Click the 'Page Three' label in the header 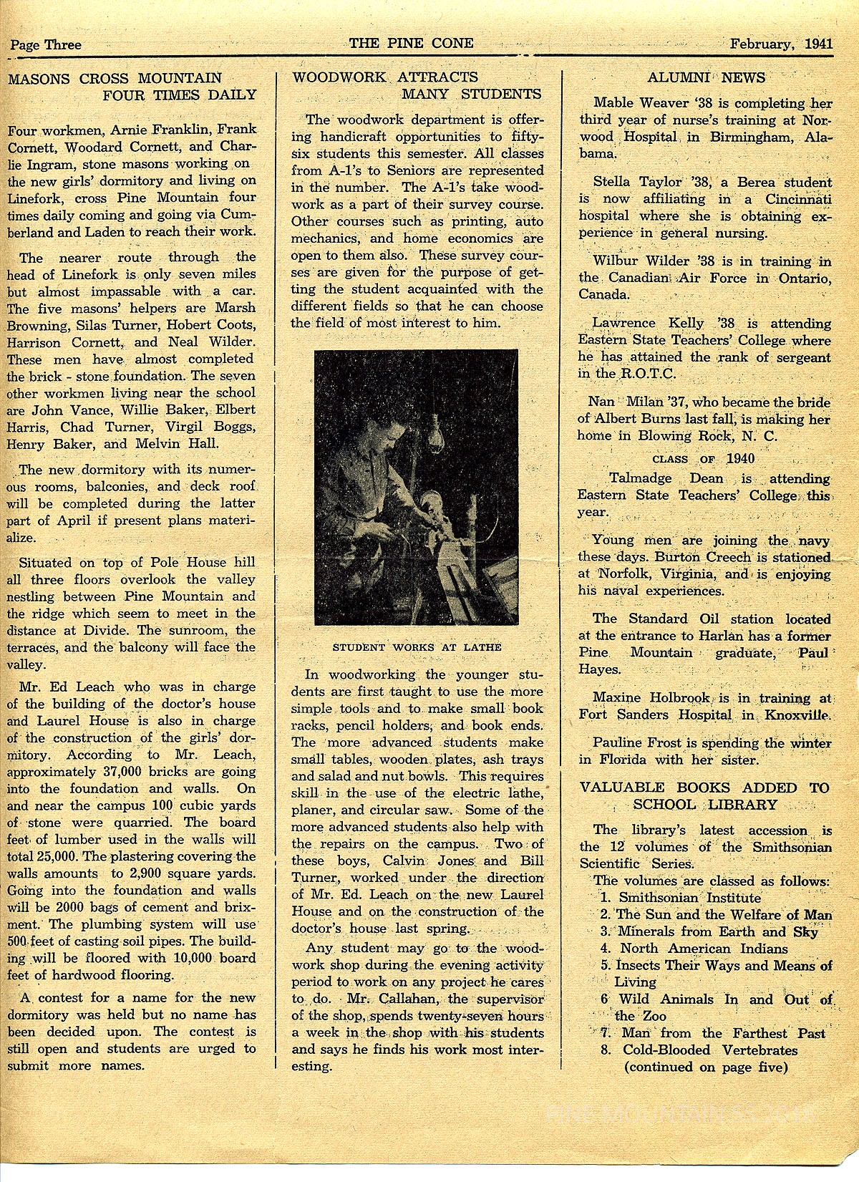46,44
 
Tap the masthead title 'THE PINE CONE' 411,43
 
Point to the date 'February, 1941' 781,43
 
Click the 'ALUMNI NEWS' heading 706,77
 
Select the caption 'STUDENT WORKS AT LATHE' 417,647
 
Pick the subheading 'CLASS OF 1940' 704,459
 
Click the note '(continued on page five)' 706,1067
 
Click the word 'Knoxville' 796,714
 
